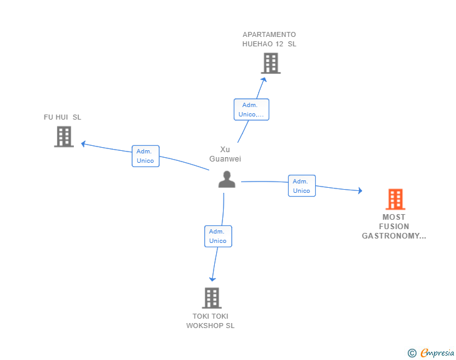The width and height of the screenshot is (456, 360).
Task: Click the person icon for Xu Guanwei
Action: pyautogui.click(x=227, y=179)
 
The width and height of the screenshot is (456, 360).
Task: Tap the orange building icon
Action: pyautogui.click(x=395, y=199)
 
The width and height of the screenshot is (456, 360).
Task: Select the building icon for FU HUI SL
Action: pyautogui.click(x=64, y=136)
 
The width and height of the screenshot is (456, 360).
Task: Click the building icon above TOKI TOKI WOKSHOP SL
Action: pyautogui.click(x=212, y=298)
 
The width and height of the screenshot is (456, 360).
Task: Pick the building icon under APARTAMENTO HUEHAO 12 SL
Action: pyautogui.click(x=271, y=63)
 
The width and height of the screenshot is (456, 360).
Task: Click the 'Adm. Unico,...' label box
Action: pyautogui.click(x=251, y=110)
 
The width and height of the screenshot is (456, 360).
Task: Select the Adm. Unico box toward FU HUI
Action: pyautogui.click(x=145, y=156)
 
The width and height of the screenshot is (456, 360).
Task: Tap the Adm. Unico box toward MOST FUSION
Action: pyautogui.click(x=302, y=186)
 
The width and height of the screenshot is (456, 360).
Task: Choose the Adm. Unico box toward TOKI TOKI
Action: pyautogui.click(x=218, y=236)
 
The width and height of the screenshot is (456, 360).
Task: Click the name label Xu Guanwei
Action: pyautogui.click(x=225, y=154)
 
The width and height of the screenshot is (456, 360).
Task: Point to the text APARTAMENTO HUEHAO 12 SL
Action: pyautogui.click(x=269, y=39)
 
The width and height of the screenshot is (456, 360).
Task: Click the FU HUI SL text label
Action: pyautogui.click(x=62, y=117)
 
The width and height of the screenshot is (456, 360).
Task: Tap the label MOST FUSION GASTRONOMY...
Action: pyautogui.click(x=394, y=227)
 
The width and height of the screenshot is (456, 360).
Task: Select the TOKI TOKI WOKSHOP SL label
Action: pyautogui.click(x=210, y=321)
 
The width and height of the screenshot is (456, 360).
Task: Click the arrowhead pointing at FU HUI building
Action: pyautogui.click(x=83, y=143)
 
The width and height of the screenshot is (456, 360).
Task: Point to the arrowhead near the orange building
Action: pyautogui.click(x=360, y=190)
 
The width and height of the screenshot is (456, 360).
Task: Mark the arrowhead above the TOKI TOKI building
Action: pyautogui.click(x=212, y=279)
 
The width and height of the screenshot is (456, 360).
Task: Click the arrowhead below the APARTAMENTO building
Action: pyautogui.click(x=264, y=80)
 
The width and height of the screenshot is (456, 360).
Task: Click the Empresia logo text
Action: pyautogui.click(x=437, y=352)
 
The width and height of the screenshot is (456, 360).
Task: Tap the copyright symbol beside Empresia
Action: pyautogui.click(x=412, y=353)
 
